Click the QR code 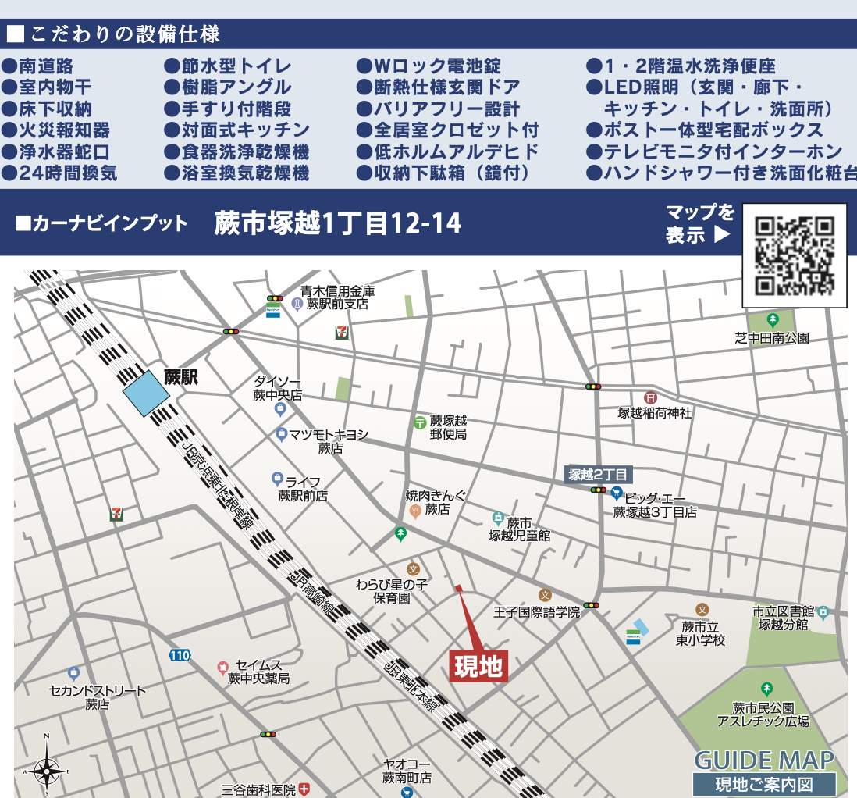795,255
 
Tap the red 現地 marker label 479,667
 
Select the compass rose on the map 47,770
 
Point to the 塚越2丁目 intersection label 598,475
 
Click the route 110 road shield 180,656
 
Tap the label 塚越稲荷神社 655,413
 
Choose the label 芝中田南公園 772,338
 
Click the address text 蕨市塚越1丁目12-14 338,224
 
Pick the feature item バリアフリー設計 438,109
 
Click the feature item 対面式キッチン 237,130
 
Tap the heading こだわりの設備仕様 114,34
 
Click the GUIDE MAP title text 763,761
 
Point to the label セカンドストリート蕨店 98,697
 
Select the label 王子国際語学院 538,612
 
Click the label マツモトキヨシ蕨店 329,441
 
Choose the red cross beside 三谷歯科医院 304,789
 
